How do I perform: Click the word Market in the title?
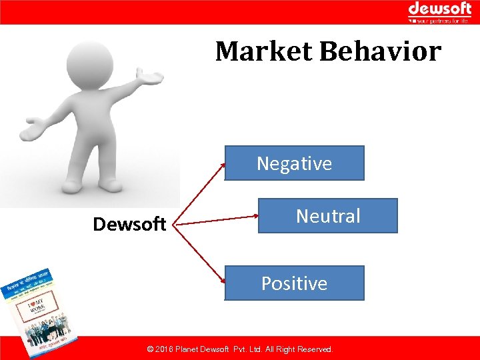tap(264, 51)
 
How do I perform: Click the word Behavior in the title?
tap(381, 51)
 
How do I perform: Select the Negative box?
tap(294, 163)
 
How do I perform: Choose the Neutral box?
tap(327, 216)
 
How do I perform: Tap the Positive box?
tap(294, 283)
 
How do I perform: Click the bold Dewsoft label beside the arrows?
tap(129, 225)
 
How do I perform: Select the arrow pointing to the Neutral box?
tap(220, 219)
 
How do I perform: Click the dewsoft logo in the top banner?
tap(439, 9)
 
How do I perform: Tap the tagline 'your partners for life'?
tap(443, 21)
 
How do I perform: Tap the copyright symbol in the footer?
tap(151, 349)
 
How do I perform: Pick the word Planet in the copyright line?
tap(194, 349)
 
